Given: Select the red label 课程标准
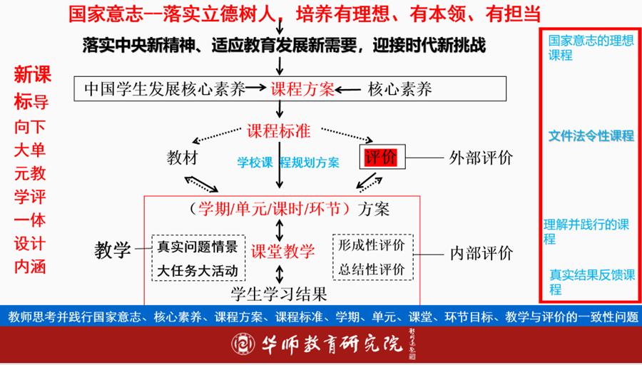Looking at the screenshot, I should [x=279, y=132].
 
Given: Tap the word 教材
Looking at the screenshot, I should [x=183, y=157].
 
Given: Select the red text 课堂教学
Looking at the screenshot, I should [x=282, y=251].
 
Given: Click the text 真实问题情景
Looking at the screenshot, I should [x=198, y=247].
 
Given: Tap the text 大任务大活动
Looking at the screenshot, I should [x=198, y=271].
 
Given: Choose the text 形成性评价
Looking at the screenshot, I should [x=372, y=245].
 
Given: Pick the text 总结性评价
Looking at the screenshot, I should [x=372, y=269].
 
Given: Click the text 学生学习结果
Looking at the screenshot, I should [x=279, y=294].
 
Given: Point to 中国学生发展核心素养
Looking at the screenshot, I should [x=164, y=90].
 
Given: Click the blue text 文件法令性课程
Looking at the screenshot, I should [x=591, y=135].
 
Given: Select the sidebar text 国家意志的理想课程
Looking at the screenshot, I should [x=590, y=47].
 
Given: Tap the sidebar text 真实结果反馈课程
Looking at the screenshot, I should [x=591, y=282].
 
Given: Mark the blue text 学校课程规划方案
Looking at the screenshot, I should [x=288, y=162].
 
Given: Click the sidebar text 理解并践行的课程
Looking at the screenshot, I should [x=586, y=232].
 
